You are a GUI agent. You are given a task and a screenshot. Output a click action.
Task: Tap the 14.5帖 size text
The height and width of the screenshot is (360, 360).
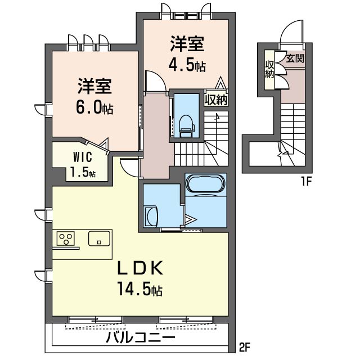pyautogui.click(x=140, y=290)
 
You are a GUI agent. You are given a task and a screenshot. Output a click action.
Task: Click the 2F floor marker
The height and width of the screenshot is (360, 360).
pyautogui.click(x=244, y=347)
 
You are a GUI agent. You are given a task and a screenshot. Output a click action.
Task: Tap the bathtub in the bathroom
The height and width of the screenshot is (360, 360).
pyautogui.click(x=205, y=184)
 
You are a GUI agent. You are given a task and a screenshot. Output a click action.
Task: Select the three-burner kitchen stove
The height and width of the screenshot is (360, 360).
pyautogui.click(x=66, y=238)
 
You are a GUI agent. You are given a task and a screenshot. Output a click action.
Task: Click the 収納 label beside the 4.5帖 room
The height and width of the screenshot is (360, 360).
pyautogui.click(x=216, y=100)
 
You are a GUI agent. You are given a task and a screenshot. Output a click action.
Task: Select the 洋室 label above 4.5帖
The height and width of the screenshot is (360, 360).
pyautogui.click(x=187, y=44)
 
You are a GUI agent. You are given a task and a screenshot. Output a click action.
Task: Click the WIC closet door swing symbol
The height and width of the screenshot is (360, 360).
pyautogui.click(x=103, y=146)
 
